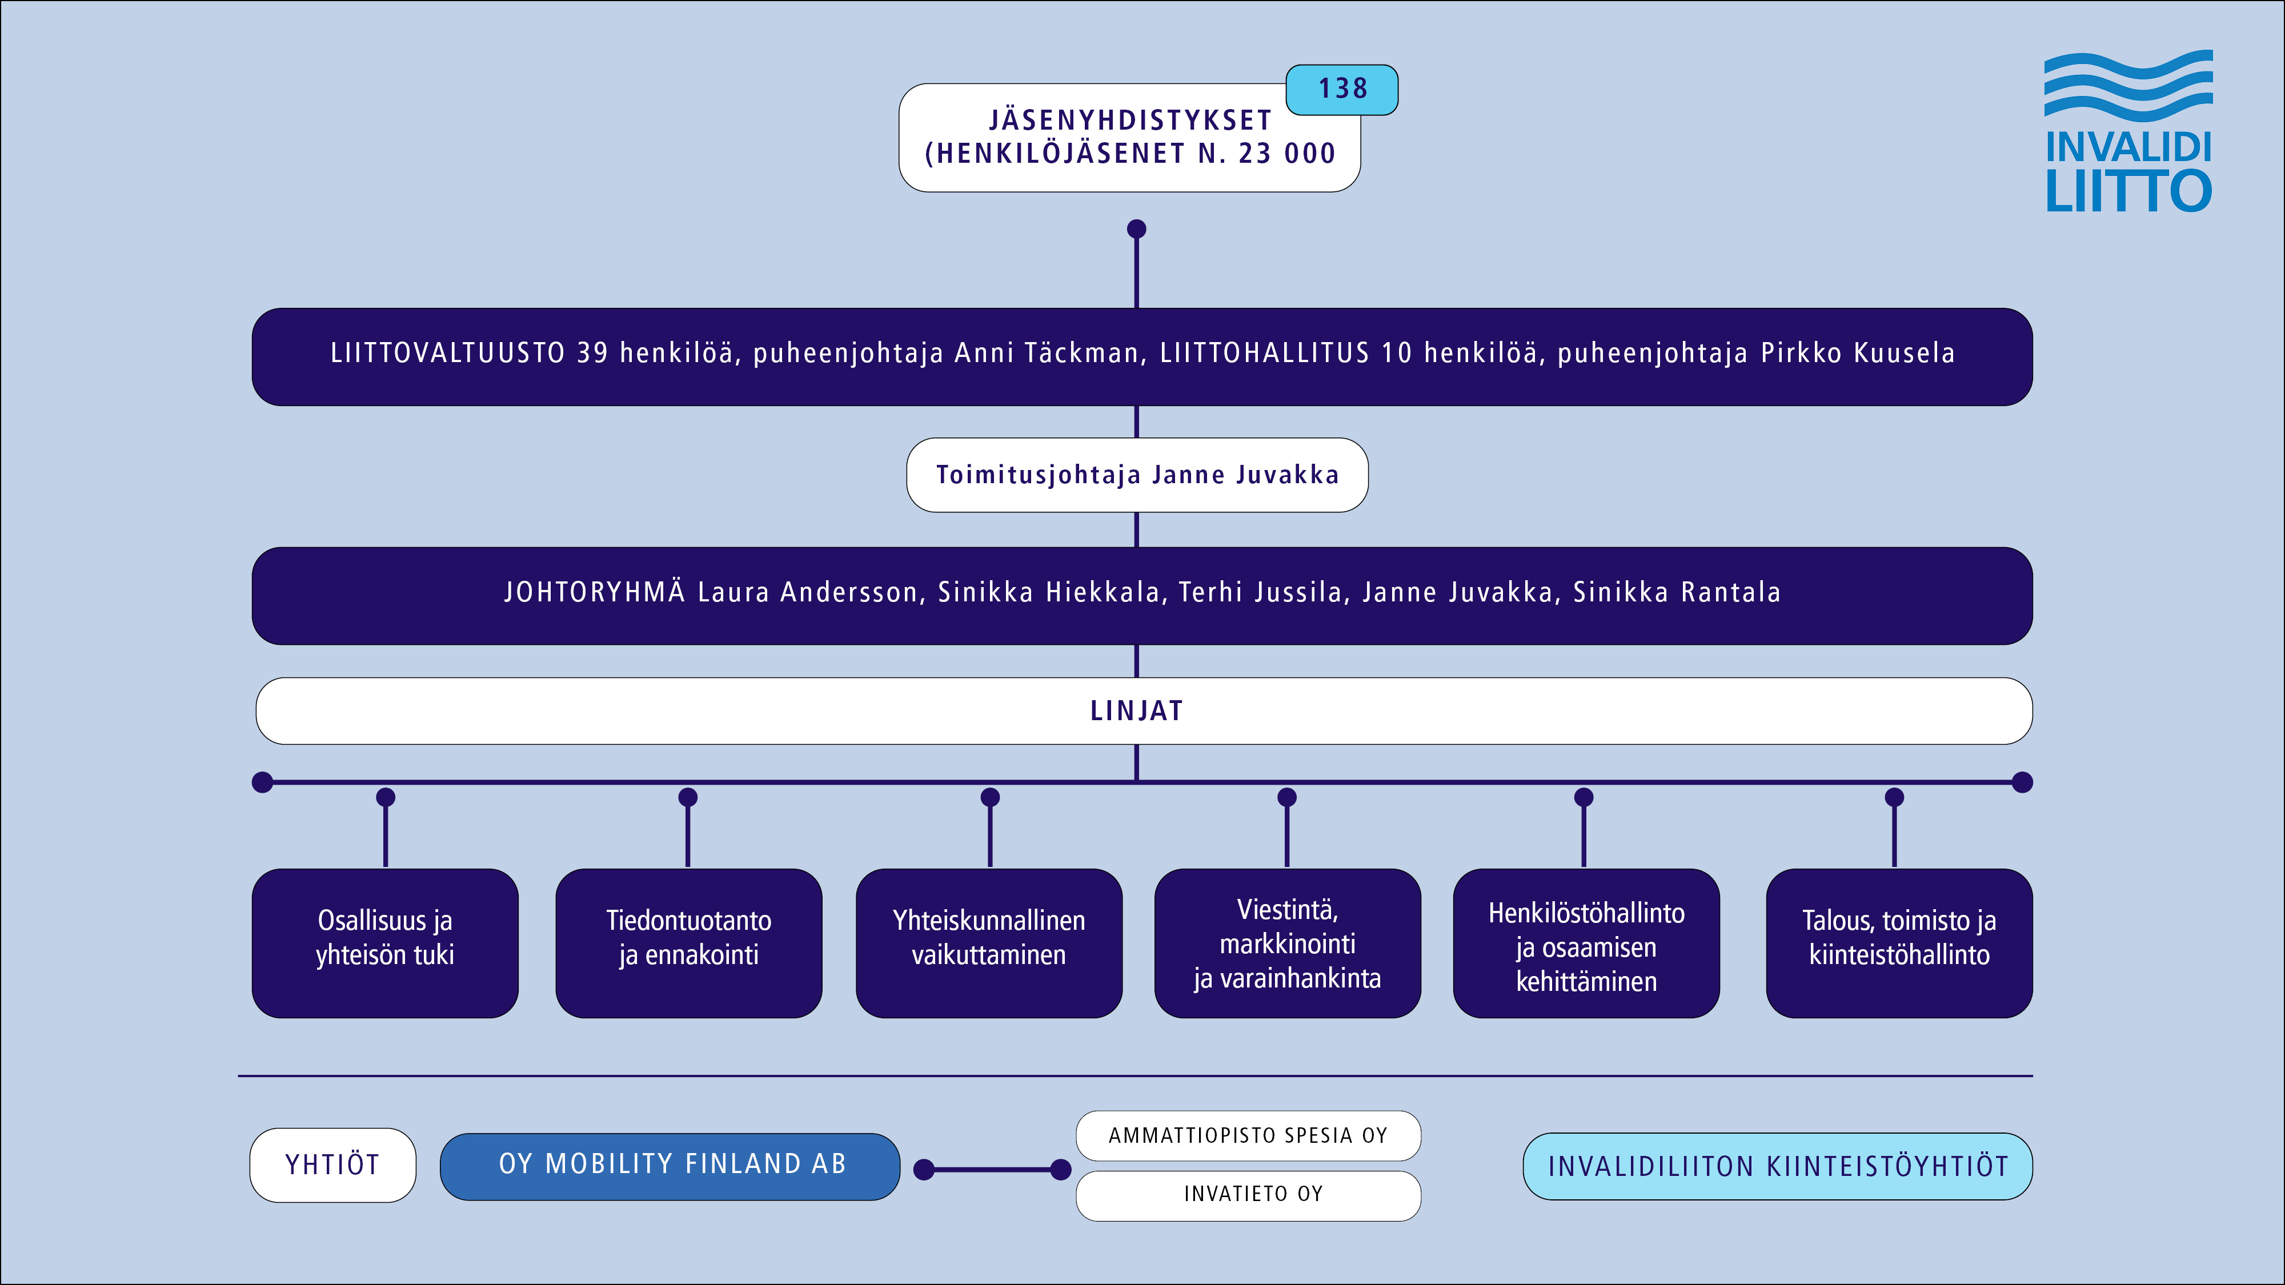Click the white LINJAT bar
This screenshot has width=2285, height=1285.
click(1144, 710)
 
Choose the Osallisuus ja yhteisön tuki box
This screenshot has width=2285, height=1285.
click(385, 943)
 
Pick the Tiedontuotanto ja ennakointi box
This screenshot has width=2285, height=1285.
click(688, 943)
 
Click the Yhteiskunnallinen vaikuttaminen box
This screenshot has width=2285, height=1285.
click(988, 943)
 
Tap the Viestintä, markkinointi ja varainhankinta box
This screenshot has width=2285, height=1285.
click(1287, 943)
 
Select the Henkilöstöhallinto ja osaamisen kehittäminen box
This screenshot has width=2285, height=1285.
click(1586, 943)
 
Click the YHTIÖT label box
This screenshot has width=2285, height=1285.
click(332, 1164)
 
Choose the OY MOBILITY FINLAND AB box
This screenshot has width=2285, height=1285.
click(671, 1165)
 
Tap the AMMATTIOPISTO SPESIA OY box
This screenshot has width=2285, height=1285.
click(1248, 1135)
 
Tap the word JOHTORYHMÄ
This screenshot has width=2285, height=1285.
click(594, 592)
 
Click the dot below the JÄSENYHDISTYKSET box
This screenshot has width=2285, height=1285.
click(1136, 229)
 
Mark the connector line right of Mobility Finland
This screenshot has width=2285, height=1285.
click(992, 1170)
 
